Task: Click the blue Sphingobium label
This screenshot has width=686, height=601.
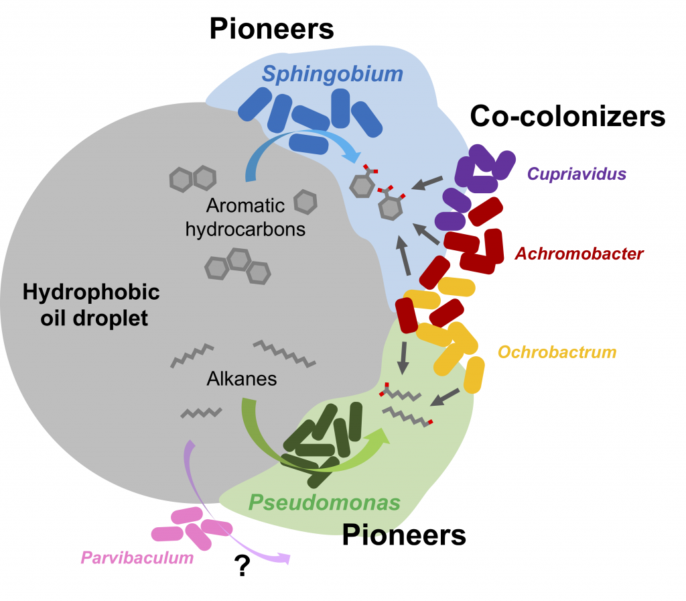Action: click(x=332, y=74)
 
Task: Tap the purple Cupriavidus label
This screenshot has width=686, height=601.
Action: click(x=576, y=174)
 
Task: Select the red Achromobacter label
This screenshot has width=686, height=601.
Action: click(x=579, y=254)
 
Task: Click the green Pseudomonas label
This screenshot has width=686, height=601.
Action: click(x=325, y=502)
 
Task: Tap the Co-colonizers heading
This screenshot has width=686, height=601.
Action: click(x=567, y=117)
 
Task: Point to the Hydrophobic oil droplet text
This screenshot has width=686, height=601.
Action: click(x=91, y=305)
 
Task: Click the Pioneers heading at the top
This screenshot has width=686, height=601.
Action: click(x=271, y=28)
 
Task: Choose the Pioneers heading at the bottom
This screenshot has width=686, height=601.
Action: click(x=404, y=535)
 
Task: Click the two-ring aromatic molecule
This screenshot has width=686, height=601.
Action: click(x=193, y=179)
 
